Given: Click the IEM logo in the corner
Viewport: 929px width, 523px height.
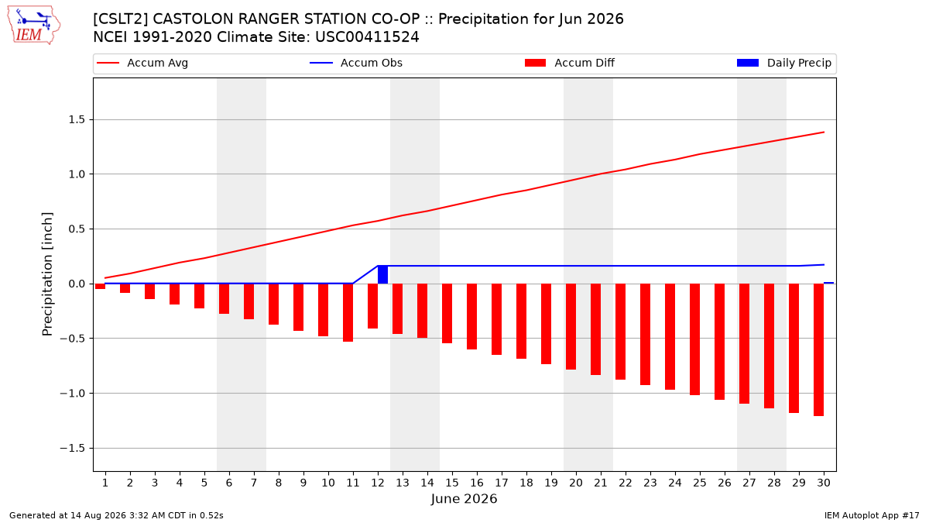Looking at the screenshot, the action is pos(33,26).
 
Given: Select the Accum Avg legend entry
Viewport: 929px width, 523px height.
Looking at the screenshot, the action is pos(142,63).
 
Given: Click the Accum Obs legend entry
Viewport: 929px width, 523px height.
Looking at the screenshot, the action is pos(356,63).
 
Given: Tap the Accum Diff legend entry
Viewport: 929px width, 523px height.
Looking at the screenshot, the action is pos(570,63).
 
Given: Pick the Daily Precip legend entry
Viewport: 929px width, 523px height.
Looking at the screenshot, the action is pos(783,63).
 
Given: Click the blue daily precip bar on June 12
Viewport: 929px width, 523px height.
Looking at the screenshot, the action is pos(382,275).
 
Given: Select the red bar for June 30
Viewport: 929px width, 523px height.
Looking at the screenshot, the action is pos(818,350).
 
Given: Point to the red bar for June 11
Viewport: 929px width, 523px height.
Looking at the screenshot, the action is pos(348,312).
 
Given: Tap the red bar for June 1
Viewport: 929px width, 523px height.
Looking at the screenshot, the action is pos(100,287).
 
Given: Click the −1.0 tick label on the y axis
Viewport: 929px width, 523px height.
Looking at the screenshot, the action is pos(72,393).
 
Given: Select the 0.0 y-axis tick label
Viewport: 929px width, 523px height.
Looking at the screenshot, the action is pos(77,284).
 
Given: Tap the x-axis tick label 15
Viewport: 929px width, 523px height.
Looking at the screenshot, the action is pos(452,483).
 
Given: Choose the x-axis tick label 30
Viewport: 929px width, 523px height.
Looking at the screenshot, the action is pos(824,483).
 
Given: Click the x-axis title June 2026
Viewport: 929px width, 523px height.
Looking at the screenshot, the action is pos(464,498).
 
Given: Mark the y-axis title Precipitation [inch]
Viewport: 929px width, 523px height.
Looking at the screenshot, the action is pos(47,274).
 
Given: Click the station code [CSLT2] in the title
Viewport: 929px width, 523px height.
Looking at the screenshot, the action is pos(120,19).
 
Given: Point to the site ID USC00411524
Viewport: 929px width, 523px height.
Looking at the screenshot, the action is pos(367,37).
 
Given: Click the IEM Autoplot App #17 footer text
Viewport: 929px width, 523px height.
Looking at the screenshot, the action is pos(872,515).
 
